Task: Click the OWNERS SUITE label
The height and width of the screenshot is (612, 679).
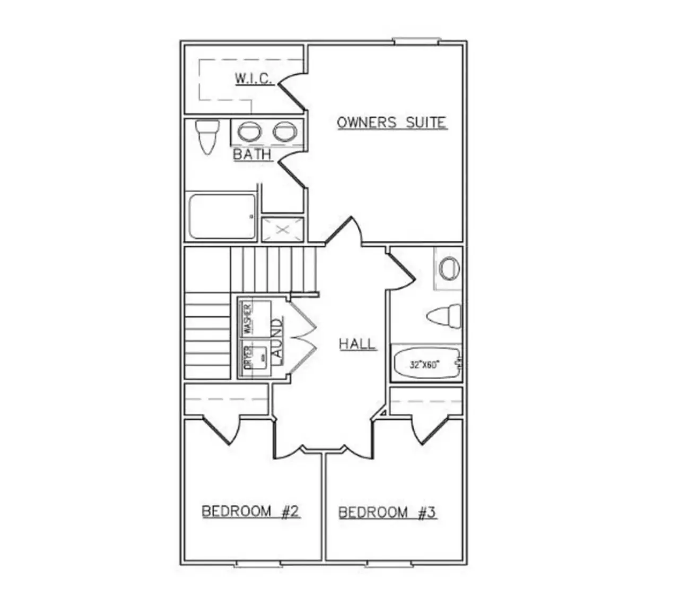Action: [x=392, y=123]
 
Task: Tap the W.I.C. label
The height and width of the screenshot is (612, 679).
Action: [x=254, y=79]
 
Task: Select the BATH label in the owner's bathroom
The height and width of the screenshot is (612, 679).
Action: [x=253, y=154]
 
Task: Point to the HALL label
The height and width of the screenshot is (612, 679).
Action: [x=358, y=344]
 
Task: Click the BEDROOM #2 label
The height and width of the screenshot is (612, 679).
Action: [x=251, y=511]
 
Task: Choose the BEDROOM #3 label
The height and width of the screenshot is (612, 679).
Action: [x=388, y=512]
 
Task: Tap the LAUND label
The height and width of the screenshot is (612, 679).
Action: [x=278, y=341]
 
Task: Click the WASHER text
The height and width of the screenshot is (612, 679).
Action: [x=248, y=319]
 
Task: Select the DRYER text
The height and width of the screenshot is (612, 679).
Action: [x=248, y=358]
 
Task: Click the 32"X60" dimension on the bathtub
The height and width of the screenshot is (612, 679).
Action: [x=424, y=365]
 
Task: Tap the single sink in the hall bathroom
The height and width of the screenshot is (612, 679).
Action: [x=449, y=268]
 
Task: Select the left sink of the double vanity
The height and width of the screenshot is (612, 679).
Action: [x=249, y=131]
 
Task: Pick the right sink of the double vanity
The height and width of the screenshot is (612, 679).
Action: [x=285, y=131]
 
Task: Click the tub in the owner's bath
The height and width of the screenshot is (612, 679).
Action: [x=222, y=217]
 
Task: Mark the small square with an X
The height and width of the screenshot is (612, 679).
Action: [x=283, y=230]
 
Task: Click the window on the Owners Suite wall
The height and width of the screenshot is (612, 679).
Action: [x=416, y=41]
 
